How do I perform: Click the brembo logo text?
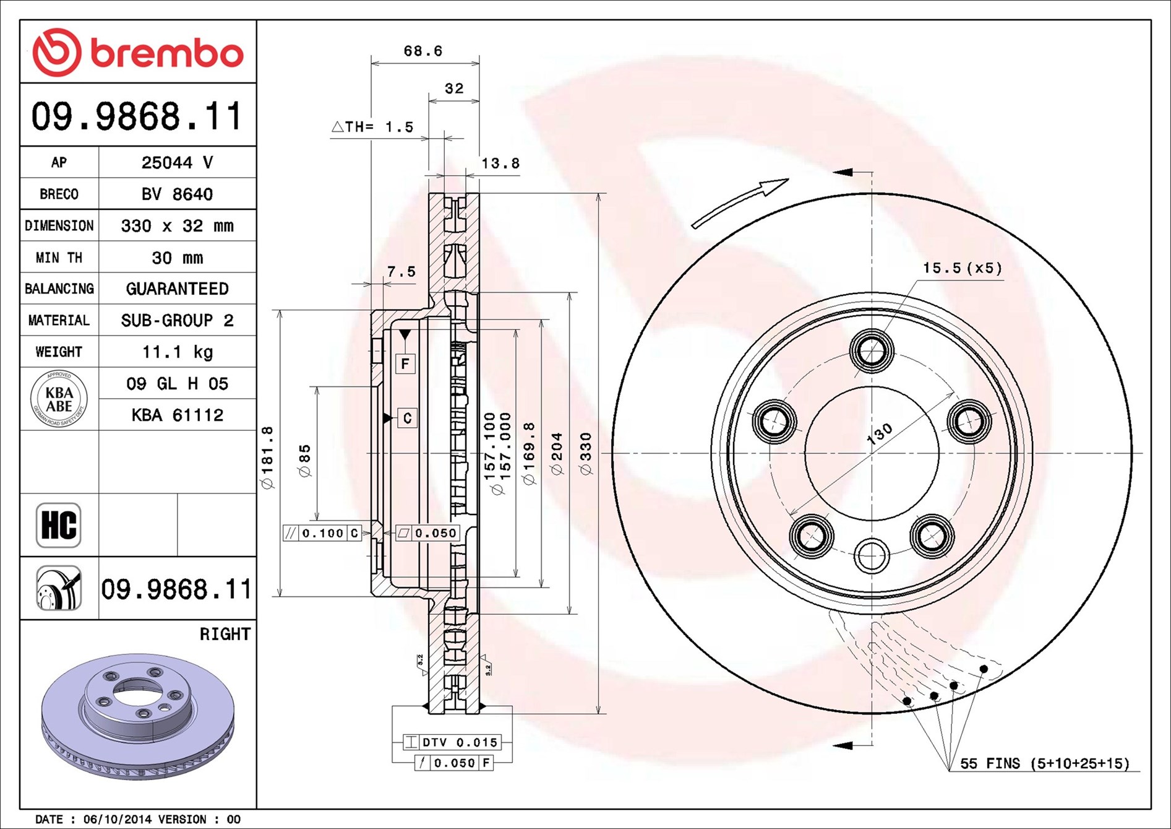pos(167,53)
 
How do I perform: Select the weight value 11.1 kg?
pos(178,352)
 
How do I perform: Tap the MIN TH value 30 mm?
pos(178,258)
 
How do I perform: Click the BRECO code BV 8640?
pos(178,194)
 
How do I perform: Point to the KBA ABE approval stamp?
pos(59,399)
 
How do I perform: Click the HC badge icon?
pos(59,525)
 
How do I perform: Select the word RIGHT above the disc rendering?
pos(225,634)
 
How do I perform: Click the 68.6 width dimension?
pos(423,51)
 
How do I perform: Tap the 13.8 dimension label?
pos(500,163)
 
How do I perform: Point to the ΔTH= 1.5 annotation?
pos(372,127)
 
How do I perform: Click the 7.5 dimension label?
pos(401,272)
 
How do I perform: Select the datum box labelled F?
pos(405,363)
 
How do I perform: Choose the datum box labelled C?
pos(407,419)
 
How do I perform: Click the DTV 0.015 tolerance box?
pos(452,742)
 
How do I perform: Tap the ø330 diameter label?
pos(585,454)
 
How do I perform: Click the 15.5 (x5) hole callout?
pos(963,268)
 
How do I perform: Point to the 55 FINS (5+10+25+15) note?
pos(1045,763)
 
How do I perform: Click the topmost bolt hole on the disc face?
pos(872,351)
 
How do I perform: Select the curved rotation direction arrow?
pos(739,202)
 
